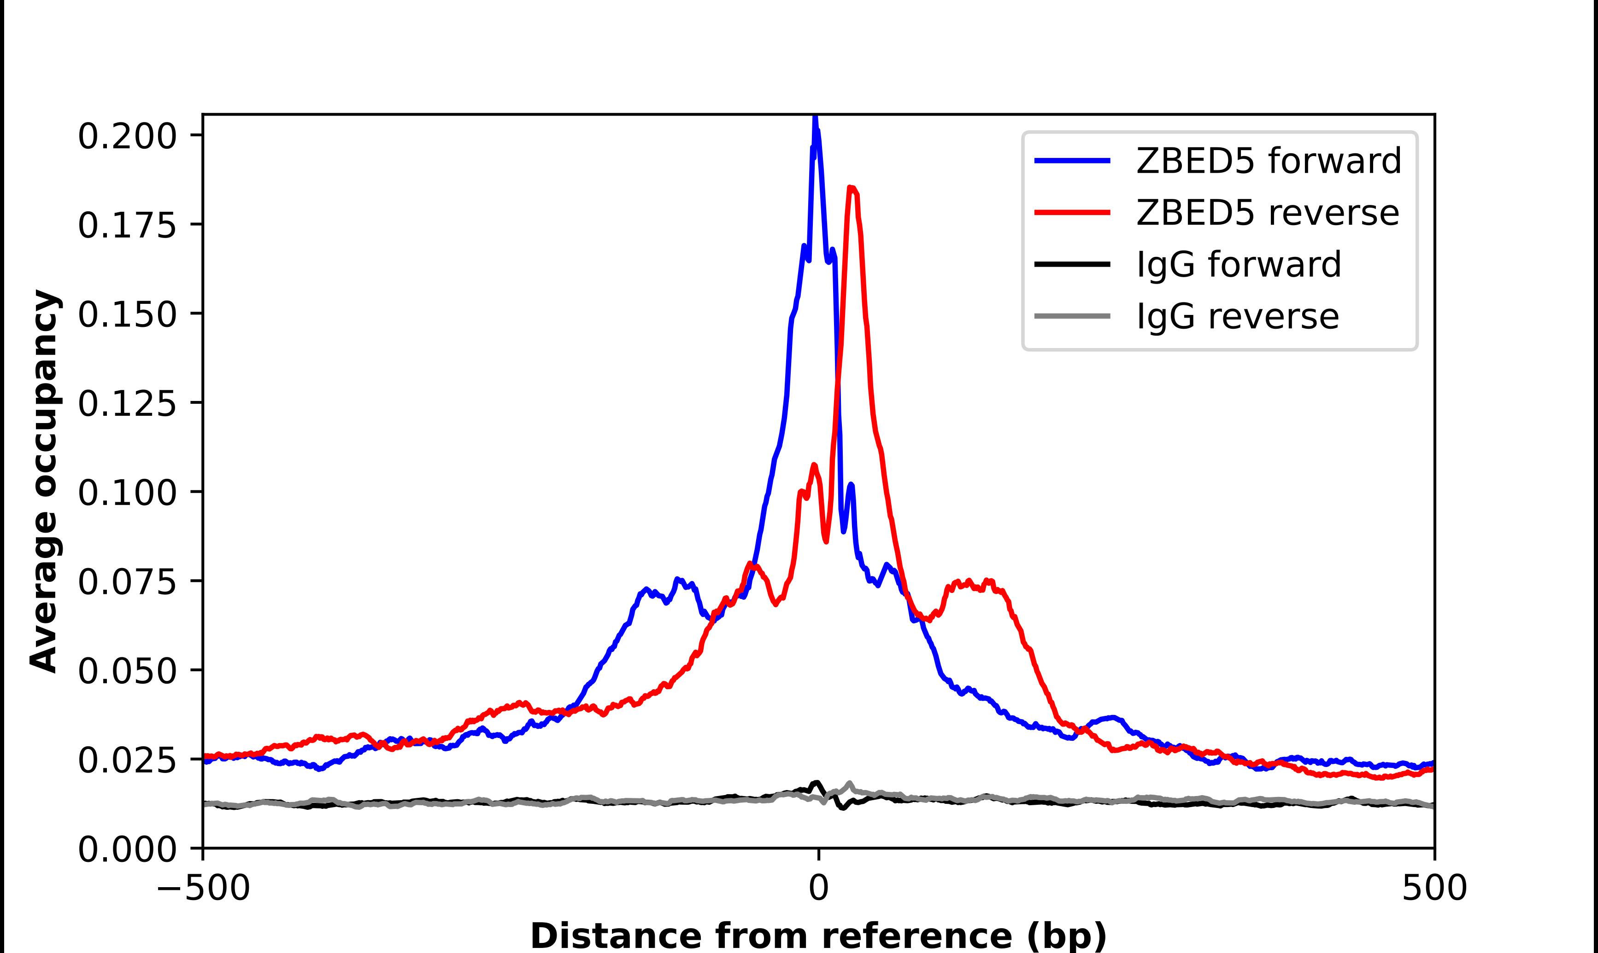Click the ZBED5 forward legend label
point(1269,161)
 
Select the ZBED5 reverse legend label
point(1267,213)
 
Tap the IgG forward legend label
point(1239,265)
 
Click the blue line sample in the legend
point(1072,161)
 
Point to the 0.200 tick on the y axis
point(127,136)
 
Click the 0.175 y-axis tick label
point(127,226)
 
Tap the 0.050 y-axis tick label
point(127,671)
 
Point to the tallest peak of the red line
point(852,187)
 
